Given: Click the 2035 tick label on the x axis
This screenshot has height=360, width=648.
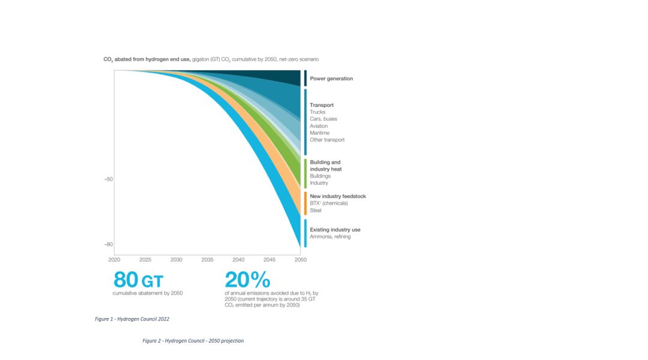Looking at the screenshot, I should pos(207,260).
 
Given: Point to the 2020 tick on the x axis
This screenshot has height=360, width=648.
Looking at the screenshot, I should pos(114,260).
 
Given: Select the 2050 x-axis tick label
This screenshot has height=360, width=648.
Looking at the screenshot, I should pos(301,260).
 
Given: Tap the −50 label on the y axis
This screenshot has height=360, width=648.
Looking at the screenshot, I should pos(108,179).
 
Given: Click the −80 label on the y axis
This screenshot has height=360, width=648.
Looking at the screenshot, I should pos(108,244).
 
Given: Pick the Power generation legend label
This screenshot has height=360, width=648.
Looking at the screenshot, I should pos(331,79).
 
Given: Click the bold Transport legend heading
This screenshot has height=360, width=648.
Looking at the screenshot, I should pos(322,105).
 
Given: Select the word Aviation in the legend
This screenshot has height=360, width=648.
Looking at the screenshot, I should pos(319,126).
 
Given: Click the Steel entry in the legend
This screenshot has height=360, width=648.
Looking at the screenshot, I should pos(316,210).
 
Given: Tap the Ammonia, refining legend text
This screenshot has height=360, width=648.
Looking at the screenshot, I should pos(330,236).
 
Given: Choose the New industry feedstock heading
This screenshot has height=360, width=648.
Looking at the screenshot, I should pos(338,196).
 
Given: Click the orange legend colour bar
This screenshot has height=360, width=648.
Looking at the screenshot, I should pos(305,203).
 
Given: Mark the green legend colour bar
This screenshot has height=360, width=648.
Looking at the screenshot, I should pos(305,173).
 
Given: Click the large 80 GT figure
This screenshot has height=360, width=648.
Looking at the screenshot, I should pos(138,280).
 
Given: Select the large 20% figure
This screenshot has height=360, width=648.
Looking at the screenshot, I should pos(247,280).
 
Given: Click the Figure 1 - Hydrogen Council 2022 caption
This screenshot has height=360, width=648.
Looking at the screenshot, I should pos(136,319).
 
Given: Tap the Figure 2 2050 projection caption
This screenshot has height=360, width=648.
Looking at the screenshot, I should pos(193,341).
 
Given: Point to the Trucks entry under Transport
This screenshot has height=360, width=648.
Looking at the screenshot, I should pos(317,112).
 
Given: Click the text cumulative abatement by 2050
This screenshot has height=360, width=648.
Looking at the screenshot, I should pos(148,293).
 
